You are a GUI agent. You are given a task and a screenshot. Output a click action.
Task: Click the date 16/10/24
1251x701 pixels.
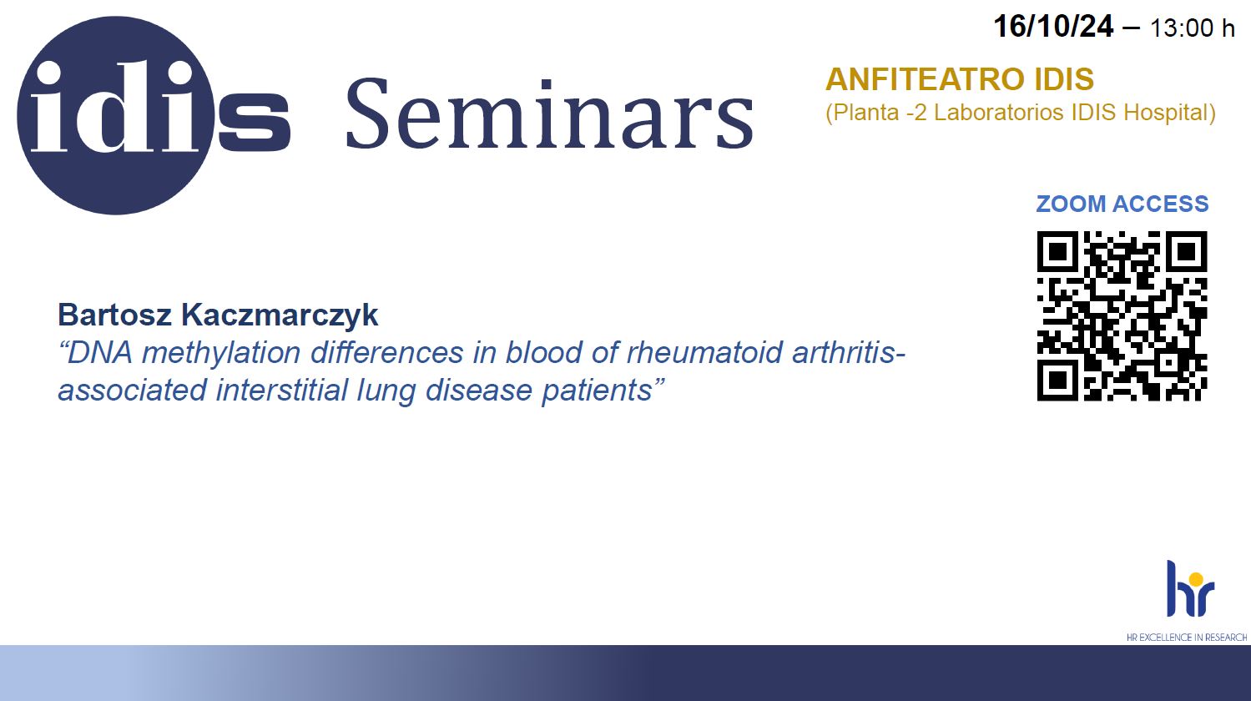(1053, 26)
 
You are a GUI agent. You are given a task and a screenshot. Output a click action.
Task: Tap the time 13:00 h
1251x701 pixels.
(1192, 28)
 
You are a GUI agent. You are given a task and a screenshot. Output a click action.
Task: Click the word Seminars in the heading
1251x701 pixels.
(550, 114)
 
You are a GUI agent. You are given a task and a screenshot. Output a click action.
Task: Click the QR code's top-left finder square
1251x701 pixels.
(1057, 251)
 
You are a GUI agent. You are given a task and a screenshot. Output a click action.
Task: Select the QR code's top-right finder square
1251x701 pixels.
(1187, 251)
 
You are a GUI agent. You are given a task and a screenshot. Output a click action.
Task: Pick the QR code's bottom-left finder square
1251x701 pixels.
(1057, 381)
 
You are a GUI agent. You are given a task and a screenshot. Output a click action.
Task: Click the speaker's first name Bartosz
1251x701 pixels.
(114, 315)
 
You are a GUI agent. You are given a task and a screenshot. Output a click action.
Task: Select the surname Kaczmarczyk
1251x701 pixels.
(280, 315)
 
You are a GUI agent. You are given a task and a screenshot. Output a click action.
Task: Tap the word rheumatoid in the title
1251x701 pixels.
(704, 352)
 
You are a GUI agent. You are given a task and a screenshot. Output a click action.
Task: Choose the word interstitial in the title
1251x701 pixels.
(282, 390)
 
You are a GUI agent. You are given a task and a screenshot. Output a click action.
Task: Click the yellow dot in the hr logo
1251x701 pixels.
(1196, 579)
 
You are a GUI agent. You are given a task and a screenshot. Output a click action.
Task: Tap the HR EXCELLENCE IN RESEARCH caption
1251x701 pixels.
(1187, 638)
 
